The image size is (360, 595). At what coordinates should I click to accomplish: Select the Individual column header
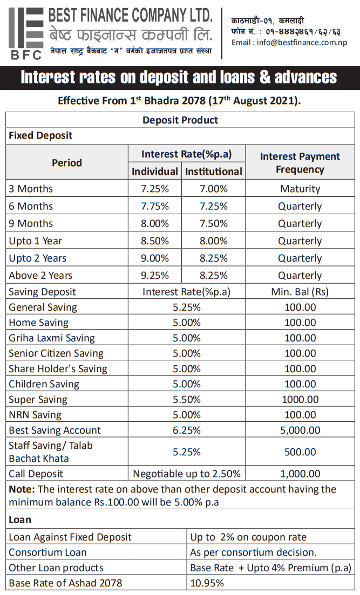point(155,172)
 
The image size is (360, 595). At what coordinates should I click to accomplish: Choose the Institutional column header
point(214,172)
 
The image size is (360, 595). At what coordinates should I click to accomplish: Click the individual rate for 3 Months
point(155,189)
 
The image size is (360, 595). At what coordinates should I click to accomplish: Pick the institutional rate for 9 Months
point(214,223)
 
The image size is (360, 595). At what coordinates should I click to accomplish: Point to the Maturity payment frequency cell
point(300,189)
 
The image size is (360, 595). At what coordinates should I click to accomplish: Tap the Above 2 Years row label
point(40,275)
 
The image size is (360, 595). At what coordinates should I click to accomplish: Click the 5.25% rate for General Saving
point(187,307)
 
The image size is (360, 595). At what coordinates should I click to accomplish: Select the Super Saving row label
point(38,400)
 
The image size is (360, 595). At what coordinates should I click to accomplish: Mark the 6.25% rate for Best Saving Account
point(187,430)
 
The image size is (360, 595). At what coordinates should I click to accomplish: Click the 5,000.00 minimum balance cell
point(300,430)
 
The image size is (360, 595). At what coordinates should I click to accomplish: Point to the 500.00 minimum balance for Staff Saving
point(300,452)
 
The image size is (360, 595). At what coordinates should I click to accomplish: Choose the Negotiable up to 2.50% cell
point(187,474)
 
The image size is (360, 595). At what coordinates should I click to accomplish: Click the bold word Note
point(22,490)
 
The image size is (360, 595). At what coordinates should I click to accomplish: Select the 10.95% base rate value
point(207,583)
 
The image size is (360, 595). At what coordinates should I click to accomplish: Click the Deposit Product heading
point(180,120)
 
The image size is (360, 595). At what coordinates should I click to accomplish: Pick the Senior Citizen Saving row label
point(56,353)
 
